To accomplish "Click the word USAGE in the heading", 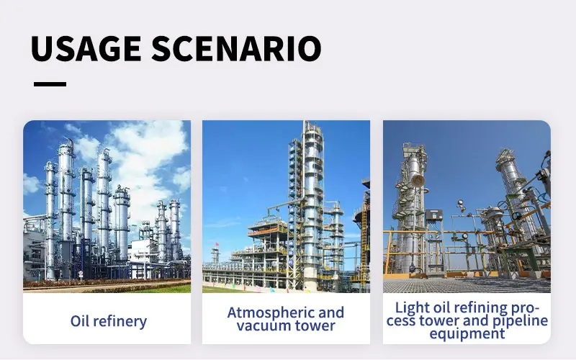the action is (86, 48).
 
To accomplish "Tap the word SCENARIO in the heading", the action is (237, 48).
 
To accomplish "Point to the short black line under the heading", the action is (50, 84).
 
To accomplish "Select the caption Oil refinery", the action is (109, 321).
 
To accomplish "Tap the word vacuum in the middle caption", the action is (258, 325).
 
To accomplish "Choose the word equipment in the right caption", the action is (467, 334).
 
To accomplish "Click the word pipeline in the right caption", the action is (520, 320).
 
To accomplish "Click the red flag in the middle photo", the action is (217, 243).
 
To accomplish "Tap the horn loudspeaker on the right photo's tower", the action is (418, 180).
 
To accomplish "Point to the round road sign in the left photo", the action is (81, 274).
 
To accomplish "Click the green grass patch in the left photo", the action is (161, 289).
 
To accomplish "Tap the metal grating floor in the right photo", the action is (467, 285).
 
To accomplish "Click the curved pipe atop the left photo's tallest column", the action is (69, 140).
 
